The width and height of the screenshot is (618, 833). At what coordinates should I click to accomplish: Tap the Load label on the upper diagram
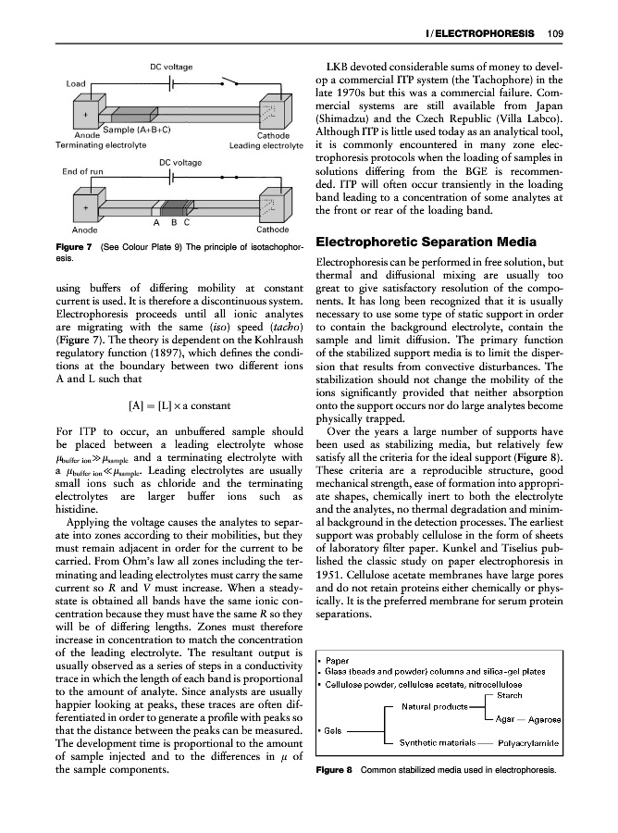click(77, 83)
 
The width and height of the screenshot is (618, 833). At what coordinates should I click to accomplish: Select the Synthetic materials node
click(435, 743)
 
